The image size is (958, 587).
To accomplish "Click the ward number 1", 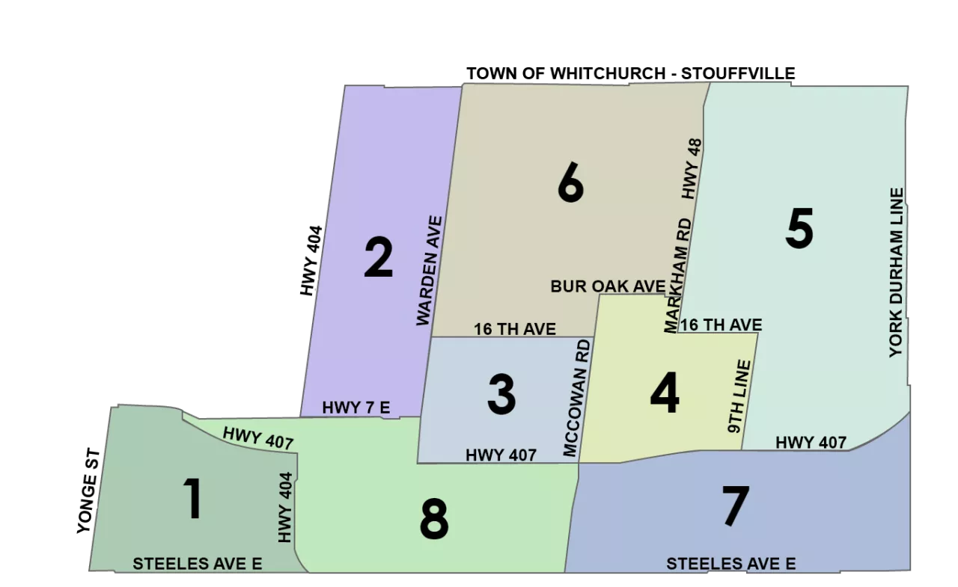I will coord(193,500).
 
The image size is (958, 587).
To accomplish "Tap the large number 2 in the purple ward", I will coord(378,257).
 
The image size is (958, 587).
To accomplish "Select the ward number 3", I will coord(501,395).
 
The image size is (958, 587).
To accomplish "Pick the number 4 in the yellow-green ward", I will coord(665,395).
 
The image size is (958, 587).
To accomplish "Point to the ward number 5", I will coord(799,230).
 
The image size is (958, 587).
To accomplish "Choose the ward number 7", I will coord(735,506).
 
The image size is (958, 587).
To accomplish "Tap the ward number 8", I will coord(434,520).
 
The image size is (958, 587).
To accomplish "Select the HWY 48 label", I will coord(692,168).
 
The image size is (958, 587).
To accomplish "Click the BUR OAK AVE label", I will coord(608,286).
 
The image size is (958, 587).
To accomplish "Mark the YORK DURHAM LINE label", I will coord(896,272).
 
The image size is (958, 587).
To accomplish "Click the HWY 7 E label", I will coord(356,408).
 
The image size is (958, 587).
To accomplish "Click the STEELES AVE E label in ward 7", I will coord(730,564).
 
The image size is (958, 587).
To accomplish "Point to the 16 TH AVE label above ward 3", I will coord(515,329).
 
